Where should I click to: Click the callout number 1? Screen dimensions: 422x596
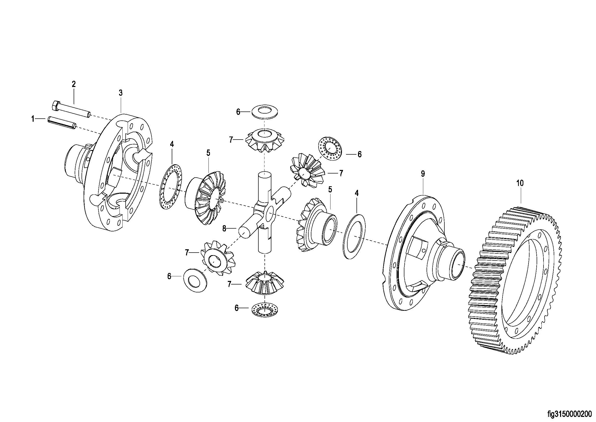(x=33, y=119)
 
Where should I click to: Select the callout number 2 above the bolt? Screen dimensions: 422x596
(x=74, y=84)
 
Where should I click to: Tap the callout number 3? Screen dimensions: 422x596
(x=121, y=93)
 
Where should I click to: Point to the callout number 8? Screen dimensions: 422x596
(x=224, y=229)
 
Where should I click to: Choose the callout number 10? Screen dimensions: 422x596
(x=520, y=183)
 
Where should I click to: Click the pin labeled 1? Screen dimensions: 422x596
(x=61, y=123)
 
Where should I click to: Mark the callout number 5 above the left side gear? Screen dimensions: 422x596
(x=208, y=153)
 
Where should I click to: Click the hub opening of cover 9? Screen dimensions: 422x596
(x=456, y=266)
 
